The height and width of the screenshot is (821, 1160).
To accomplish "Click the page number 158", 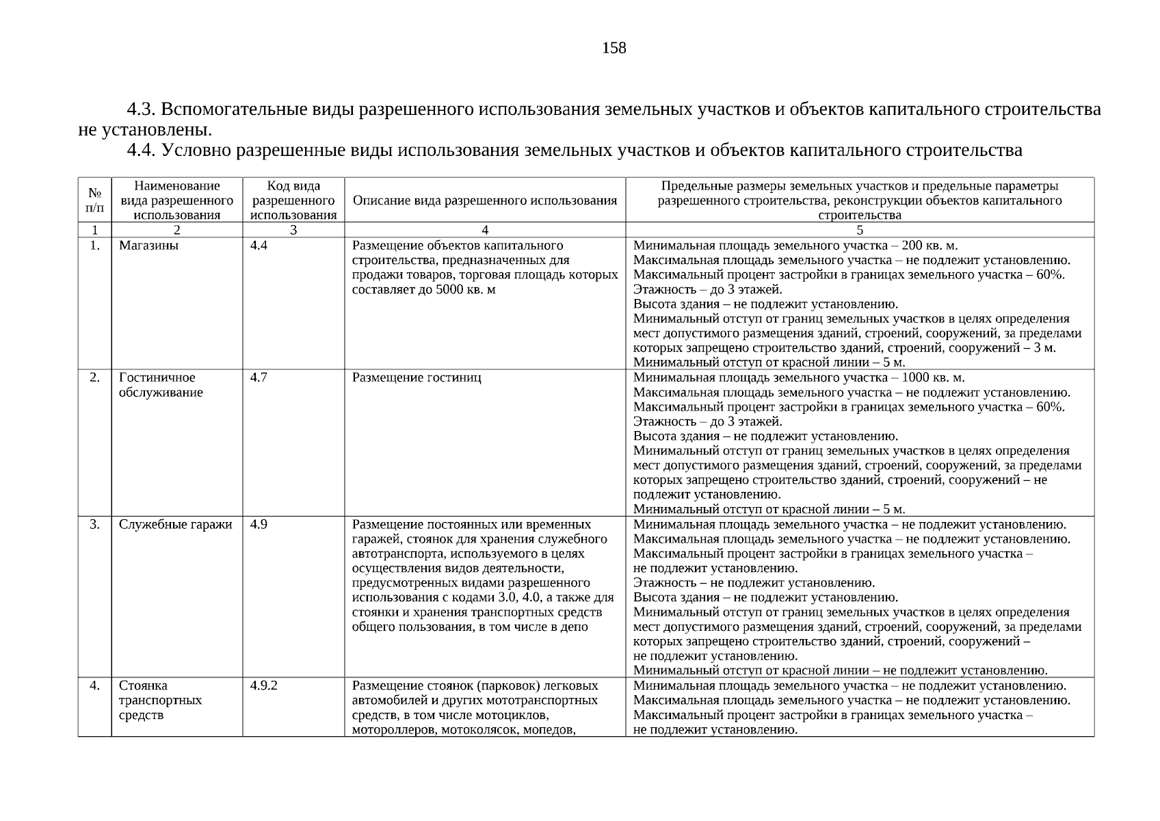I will [x=614, y=48].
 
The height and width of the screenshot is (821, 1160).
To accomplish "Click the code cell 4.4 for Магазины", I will [x=259, y=246].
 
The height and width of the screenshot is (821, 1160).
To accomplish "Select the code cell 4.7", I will [x=259, y=378].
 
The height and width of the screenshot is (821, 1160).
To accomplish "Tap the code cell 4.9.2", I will [x=263, y=686].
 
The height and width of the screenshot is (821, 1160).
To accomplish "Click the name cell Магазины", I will [x=148, y=246].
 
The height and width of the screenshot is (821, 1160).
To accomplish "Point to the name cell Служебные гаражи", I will [x=175, y=525].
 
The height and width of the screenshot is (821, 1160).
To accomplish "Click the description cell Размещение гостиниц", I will [x=416, y=378].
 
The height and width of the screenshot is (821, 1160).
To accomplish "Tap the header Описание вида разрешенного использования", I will [x=484, y=200].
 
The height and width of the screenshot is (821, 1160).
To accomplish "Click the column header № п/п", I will [x=94, y=200].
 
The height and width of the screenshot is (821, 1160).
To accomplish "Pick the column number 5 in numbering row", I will [x=859, y=231].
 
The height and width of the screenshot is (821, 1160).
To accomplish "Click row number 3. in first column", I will [x=94, y=525].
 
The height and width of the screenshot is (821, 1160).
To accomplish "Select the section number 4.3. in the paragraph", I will [x=142, y=109].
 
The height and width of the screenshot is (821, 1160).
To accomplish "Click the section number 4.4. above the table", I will [x=142, y=151].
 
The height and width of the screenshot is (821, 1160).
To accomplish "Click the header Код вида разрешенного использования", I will [x=293, y=200].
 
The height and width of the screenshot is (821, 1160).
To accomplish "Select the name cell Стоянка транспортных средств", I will [x=160, y=701].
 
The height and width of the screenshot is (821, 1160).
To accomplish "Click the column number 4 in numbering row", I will [x=484, y=231].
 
